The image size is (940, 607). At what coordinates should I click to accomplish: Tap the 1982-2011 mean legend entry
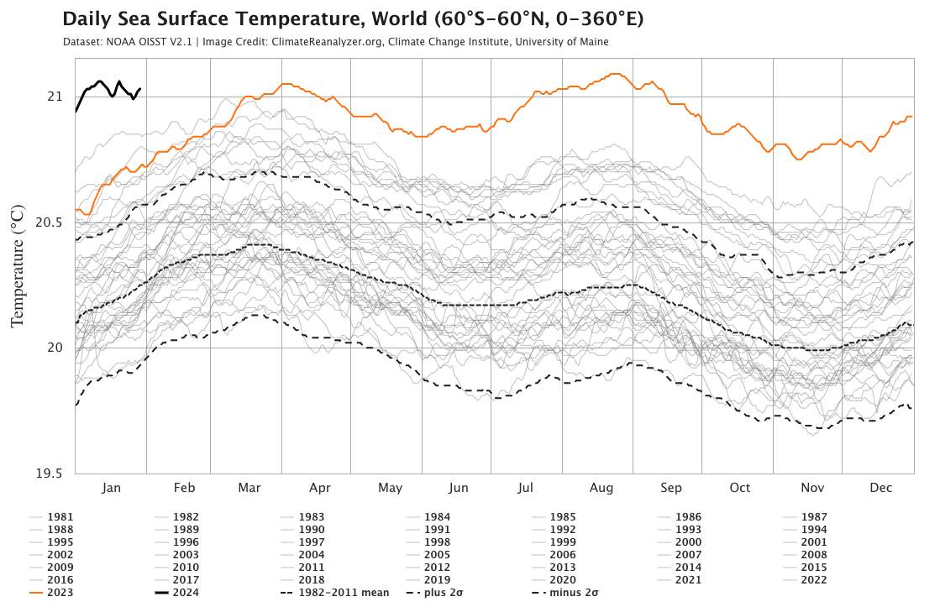(x=335, y=593)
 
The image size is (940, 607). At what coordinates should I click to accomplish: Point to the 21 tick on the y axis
(x=54, y=96)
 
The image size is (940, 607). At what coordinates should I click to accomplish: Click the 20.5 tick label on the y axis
(x=50, y=222)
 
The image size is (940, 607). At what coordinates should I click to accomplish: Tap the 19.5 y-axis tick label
(x=50, y=474)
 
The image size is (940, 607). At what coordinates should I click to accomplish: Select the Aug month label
(x=601, y=488)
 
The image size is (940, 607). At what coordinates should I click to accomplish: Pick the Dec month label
(x=880, y=488)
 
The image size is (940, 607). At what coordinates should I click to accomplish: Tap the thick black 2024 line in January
(x=100, y=81)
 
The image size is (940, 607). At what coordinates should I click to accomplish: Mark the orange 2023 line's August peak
(x=616, y=74)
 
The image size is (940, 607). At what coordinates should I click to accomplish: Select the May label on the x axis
(x=390, y=488)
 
